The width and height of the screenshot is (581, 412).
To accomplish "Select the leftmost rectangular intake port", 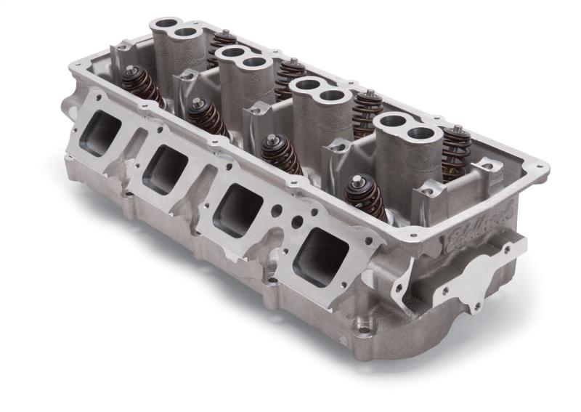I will click(x=101, y=134).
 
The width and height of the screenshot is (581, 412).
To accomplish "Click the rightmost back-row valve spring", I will click(x=456, y=153).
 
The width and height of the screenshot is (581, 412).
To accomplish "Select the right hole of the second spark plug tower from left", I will click(x=255, y=62).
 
